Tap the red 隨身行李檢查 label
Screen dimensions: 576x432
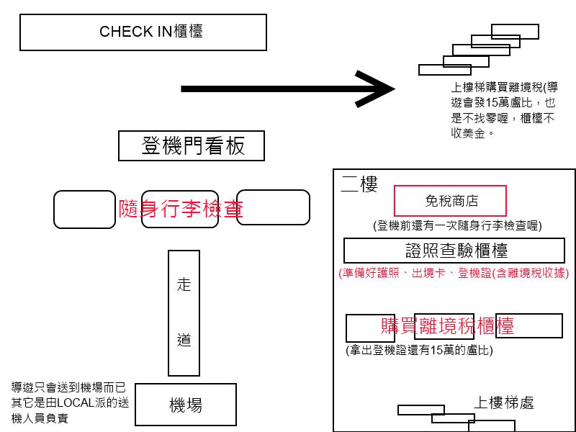[x=181, y=209]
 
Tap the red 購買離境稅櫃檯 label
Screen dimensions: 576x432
[x=447, y=325]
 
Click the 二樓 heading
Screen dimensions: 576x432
[x=359, y=184]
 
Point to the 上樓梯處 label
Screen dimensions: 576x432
[x=503, y=402]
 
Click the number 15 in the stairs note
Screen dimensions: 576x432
[x=492, y=102]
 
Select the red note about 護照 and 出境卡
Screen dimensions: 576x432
[x=454, y=273]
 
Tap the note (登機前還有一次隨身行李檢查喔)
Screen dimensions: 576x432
[x=457, y=225]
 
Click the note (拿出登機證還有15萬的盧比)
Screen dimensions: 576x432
[x=419, y=350]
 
